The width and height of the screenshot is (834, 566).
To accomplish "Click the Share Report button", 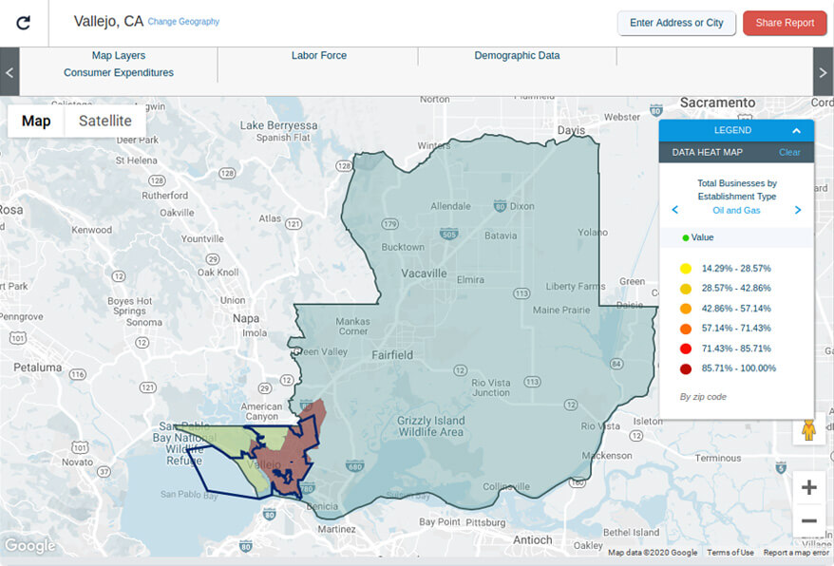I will click(x=785, y=23).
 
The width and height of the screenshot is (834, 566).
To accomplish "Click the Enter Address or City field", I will click(x=676, y=23).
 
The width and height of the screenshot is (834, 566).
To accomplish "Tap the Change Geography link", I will click(x=183, y=22).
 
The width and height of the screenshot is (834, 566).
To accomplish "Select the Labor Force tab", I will click(x=318, y=55).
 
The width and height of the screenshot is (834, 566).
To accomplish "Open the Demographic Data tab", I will click(x=517, y=55).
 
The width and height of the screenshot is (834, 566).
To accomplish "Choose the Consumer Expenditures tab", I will click(x=119, y=72).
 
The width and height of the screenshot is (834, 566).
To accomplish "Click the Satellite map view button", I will click(x=105, y=121).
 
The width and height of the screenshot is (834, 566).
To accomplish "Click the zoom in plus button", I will click(x=808, y=488).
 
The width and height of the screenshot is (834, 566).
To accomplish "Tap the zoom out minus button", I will click(x=808, y=520).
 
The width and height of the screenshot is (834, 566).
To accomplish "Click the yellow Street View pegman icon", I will click(x=808, y=430).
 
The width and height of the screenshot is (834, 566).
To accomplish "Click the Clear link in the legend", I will click(x=789, y=152).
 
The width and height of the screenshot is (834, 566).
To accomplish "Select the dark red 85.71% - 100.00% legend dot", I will click(x=685, y=368).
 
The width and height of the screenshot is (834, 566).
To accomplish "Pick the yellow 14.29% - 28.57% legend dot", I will click(x=685, y=269).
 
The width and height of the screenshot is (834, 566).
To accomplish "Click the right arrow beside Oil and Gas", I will click(x=797, y=210).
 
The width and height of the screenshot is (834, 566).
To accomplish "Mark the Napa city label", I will click(x=246, y=318).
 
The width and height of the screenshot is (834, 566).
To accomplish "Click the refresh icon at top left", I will click(x=24, y=23).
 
